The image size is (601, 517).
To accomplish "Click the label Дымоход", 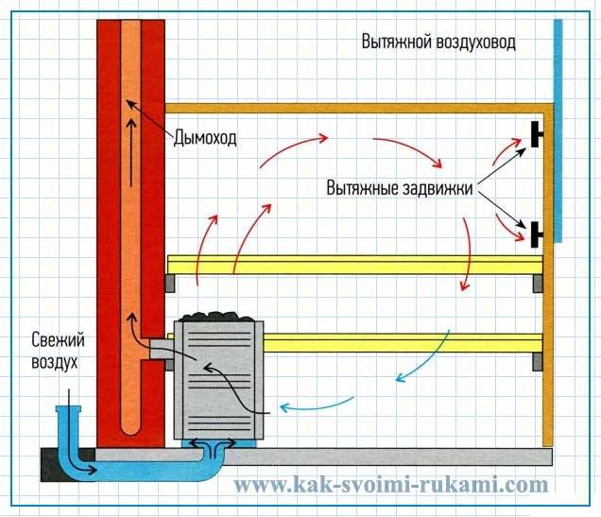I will click(204, 138).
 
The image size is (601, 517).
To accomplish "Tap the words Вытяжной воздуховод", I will click(438, 43).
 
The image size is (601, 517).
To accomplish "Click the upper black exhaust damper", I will click(538, 135).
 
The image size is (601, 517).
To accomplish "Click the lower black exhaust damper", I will click(538, 232).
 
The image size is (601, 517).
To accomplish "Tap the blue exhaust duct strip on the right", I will click(558, 132).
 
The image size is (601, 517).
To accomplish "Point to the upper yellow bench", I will click(354, 264).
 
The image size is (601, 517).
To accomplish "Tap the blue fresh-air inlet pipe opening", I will click(69, 409).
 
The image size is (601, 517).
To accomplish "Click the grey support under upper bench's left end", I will click(171, 282).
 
